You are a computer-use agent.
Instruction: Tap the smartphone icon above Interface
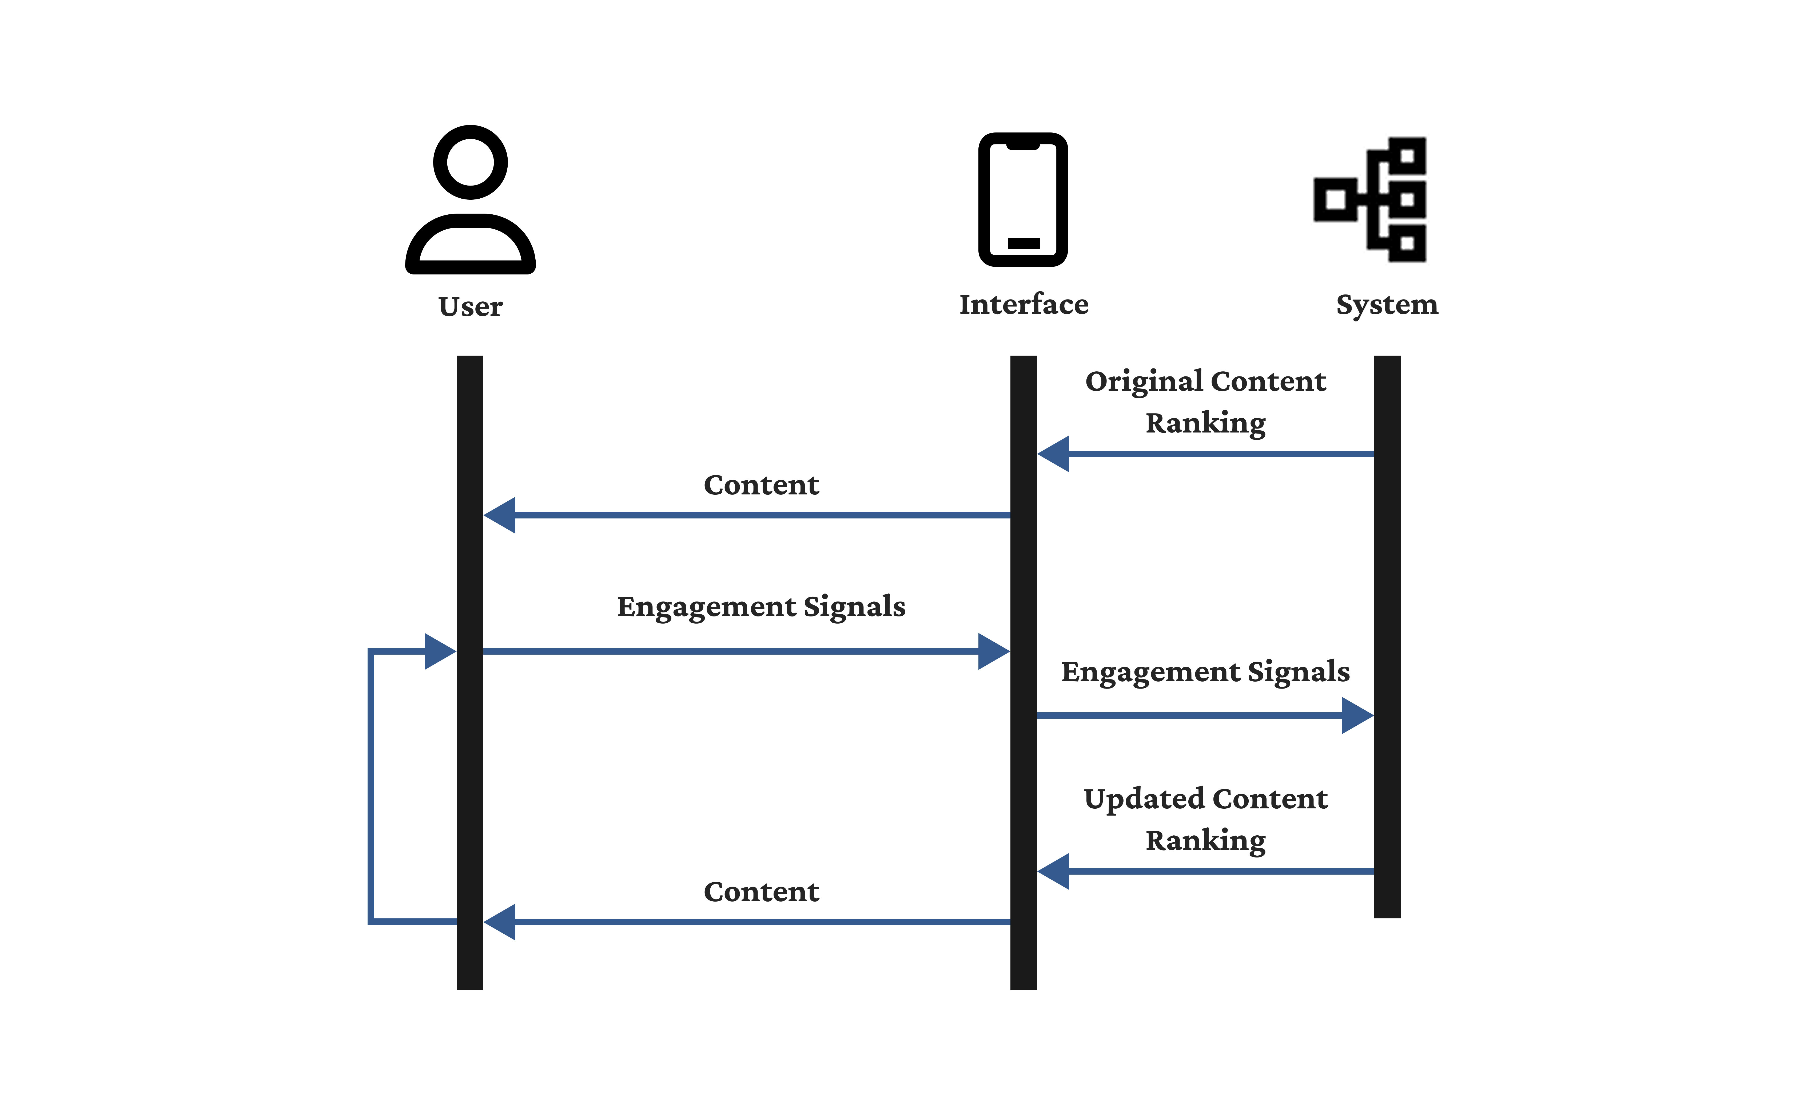pyautogui.click(x=1023, y=199)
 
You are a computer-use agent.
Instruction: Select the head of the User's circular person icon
pyautogui.click(x=470, y=162)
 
